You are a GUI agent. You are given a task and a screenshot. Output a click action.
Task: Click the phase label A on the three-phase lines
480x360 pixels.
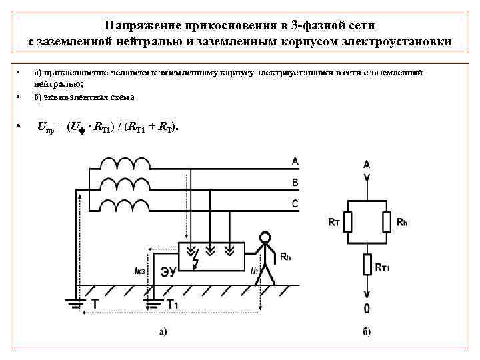(295, 161)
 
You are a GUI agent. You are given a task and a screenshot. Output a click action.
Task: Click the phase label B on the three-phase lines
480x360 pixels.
(295, 182)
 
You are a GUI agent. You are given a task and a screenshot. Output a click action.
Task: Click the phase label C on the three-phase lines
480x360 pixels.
(295, 203)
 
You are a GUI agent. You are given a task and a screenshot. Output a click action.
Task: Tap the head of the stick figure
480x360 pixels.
(265, 238)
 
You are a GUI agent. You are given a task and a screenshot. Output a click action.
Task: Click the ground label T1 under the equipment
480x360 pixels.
(172, 304)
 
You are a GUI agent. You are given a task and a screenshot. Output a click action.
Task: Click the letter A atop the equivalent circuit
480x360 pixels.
(367, 164)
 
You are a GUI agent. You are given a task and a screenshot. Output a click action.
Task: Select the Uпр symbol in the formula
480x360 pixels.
(47, 127)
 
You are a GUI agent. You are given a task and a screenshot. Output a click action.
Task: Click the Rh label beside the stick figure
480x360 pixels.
(284, 255)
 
